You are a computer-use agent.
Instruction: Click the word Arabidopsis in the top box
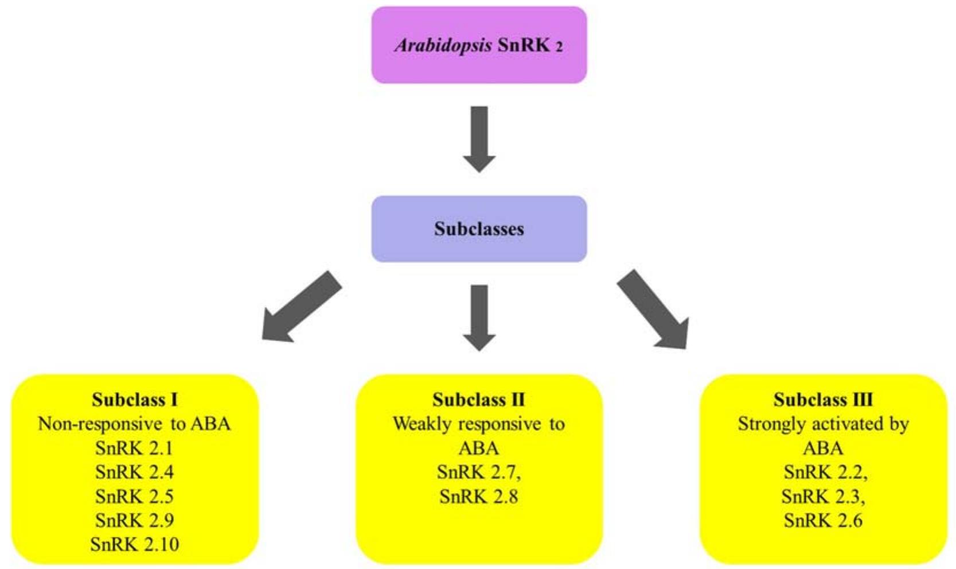click(x=443, y=45)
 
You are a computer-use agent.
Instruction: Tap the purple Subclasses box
click(x=479, y=229)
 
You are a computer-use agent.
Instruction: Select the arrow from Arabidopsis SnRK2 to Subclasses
click(x=479, y=138)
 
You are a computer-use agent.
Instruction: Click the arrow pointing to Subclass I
click(x=301, y=307)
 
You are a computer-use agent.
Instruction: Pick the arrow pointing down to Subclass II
click(x=479, y=317)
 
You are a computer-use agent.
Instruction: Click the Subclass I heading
click(x=135, y=399)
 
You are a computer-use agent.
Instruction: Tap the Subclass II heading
click(x=479, y=399)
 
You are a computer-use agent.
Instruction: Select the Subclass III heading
click(x=823, y=399)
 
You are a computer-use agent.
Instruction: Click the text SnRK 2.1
click(x=134, y=448)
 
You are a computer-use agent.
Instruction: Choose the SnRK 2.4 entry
click(x=134, y=472)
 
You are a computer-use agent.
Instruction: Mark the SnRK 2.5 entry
click(x=134, y=496)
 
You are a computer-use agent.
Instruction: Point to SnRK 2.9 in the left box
click(x=134, y=520)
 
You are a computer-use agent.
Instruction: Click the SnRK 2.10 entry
click(x=134, y=544)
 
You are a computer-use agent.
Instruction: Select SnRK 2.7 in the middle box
click(x=478, y=472)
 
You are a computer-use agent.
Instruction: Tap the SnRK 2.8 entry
click(x=478, y=496)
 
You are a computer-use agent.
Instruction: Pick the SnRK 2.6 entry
click(x=823, y=520)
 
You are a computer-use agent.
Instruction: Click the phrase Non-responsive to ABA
click(x=134, y=424)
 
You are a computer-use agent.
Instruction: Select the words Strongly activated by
click(x=823, y=424)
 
